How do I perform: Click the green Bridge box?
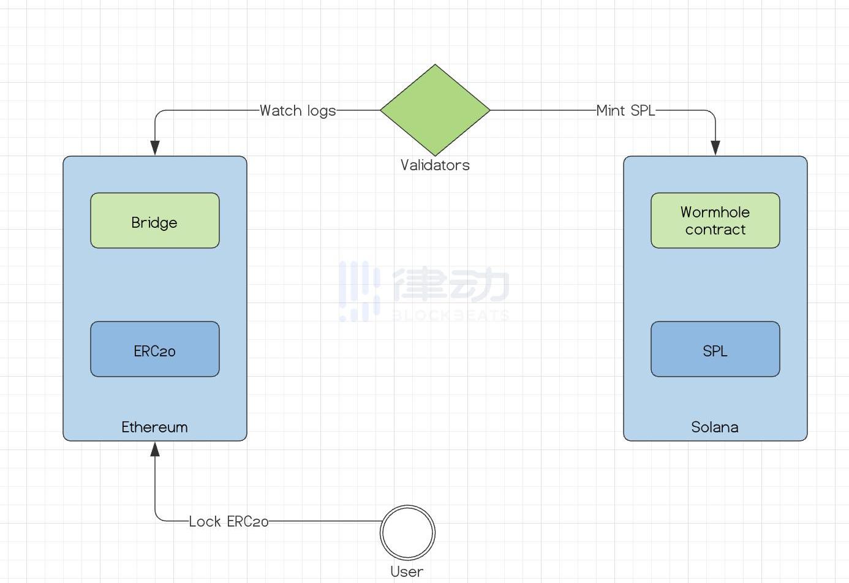[x=154, y=220]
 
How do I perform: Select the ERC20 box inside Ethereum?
[x=154, y=349]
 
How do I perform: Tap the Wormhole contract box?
[x=715, y=220]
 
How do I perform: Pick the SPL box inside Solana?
[x=715, y=349]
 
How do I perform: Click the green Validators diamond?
[x=435, y=110]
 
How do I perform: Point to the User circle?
[x=407, y=532]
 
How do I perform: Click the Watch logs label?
[x=298, y=111]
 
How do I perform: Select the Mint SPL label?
[x=625, y=111]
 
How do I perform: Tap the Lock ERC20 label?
[x=228, y=521]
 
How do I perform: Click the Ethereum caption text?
[x=154, y=427]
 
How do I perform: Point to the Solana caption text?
[x=715, y=427]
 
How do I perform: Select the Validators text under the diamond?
[x=435, y=165]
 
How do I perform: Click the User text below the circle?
[x=407, y=571]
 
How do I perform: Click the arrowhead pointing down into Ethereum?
[x=155, y=148]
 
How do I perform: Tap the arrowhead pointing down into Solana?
[x=715, y=148]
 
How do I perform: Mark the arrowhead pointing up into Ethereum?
[x=155, y=449]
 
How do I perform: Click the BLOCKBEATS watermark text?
[x=450, y=315]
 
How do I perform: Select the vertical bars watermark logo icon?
[x=359, y=291]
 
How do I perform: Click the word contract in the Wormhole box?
[x=715, y=230]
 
